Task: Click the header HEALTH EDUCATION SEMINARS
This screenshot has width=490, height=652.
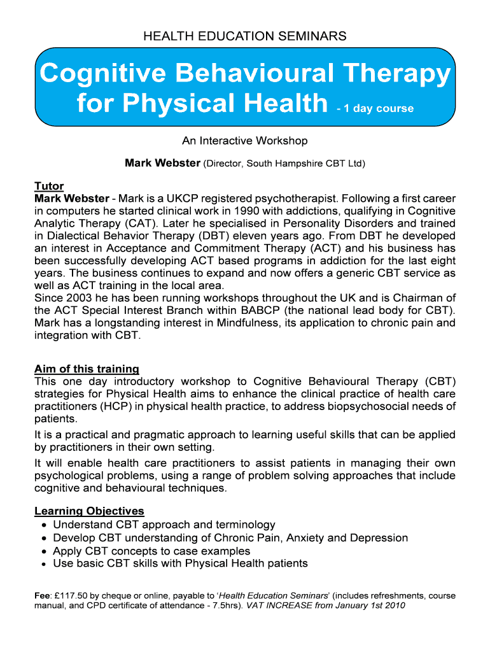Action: point(245,36)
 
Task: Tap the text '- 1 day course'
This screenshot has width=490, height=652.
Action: point(375,108)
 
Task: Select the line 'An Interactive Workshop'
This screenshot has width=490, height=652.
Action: point(245,141)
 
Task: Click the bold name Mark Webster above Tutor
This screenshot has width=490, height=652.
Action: point(162,164)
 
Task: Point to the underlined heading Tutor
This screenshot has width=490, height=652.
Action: point(49,186)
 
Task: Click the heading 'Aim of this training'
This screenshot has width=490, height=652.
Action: point(87,369)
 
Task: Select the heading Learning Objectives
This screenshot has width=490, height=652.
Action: point(89,511)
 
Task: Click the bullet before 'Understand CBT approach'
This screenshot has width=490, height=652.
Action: point(42,525)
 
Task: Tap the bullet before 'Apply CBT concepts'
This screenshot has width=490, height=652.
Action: point(42,551)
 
